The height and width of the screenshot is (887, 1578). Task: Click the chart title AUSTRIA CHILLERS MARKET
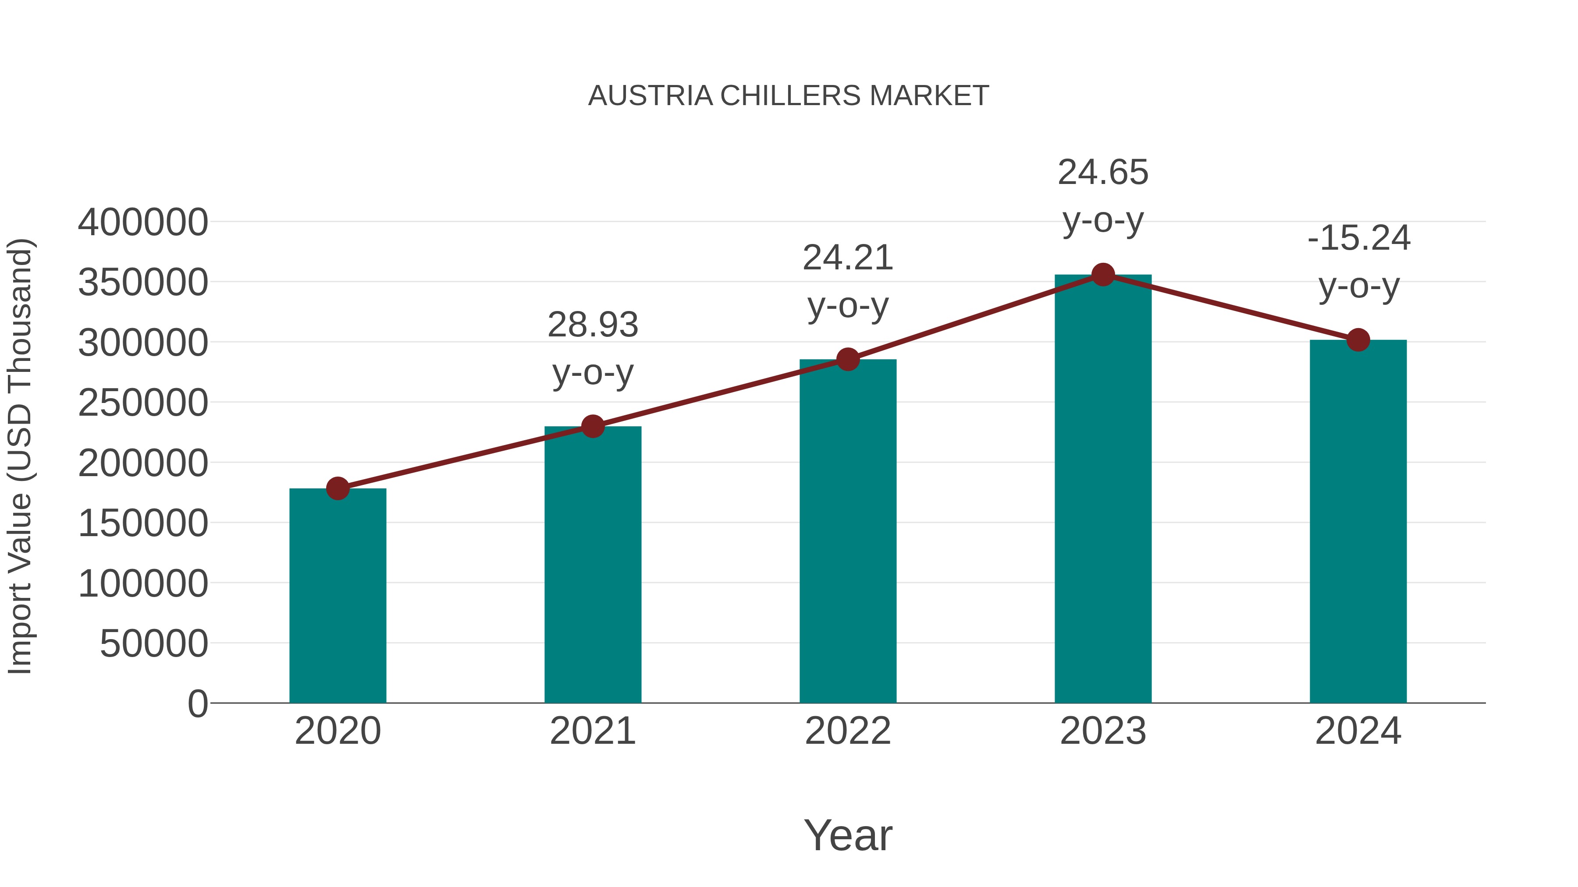(x=789, y=96)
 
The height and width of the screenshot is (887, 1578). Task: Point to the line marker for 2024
(x=1358, y=340)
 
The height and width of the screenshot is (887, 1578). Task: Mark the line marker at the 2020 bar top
(x=338, y=488)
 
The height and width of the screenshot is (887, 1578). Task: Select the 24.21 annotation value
(x=848, y=258)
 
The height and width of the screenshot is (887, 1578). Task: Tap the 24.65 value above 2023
(x=1103, y=173)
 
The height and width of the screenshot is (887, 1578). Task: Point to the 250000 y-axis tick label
(x=143, y=403)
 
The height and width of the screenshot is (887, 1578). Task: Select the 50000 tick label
(x=154, y=644)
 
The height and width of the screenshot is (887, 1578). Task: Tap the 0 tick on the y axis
(x=198, y=704)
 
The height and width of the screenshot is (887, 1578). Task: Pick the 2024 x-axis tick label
(x=1358, y=732)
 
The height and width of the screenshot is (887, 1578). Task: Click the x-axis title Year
(x=848, y=836)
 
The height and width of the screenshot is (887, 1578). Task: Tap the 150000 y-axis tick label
(x=143, y=524)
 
